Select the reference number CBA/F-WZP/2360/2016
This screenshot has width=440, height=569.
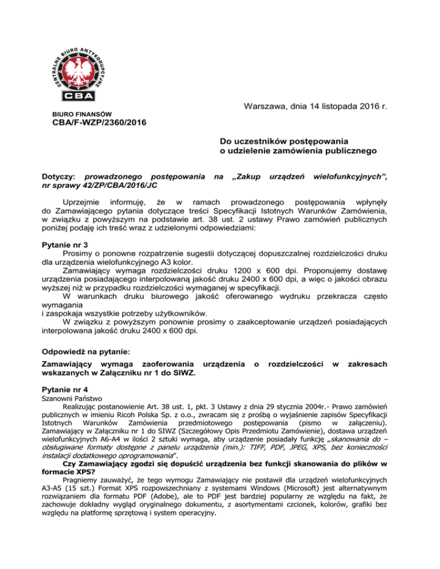(x=96, y=123)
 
